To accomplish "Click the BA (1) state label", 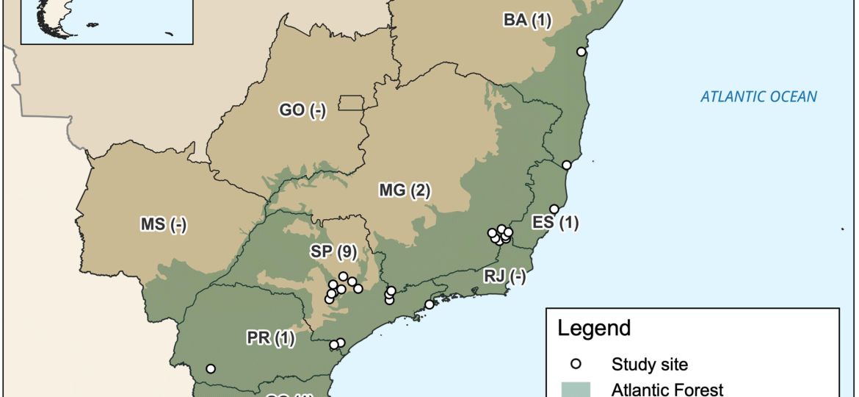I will point(526,20).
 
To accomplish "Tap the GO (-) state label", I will point(302,110).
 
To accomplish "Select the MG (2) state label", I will point(405,191).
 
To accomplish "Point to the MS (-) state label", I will point(163,225).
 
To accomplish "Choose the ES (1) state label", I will point(555,223).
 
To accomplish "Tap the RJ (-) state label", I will point(505,276).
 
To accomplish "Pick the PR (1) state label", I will point(270,338).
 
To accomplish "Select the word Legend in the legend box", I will point(594,328).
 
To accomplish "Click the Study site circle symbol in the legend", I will point(576,363).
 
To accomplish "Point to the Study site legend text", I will point(650,363).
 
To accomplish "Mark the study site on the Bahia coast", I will point(581,51).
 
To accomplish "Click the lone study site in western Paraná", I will point(211,368).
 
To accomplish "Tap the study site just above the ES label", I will point(554,209).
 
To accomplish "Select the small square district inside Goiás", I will point(352,103).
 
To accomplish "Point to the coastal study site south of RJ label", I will point(429,304).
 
